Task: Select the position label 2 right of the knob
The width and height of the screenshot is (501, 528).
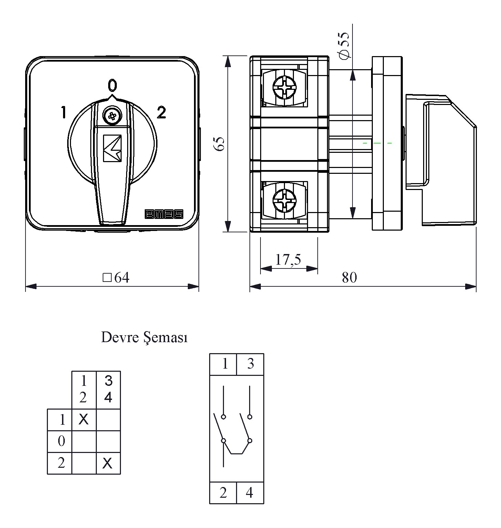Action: pos(161,112)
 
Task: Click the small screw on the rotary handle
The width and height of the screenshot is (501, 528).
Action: pos(112,116)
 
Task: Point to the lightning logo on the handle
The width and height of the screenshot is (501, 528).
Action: pos(112,148)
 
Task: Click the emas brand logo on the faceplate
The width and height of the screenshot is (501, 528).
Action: pos(164,214)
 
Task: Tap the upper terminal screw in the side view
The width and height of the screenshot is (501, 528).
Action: pos(284,87)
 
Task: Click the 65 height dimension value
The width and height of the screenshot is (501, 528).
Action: pos(219,144)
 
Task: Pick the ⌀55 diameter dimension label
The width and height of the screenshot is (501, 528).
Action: pos(344,45)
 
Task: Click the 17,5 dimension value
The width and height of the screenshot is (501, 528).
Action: pos(288,260)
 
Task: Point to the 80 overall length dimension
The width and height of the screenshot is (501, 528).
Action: pos(349,277)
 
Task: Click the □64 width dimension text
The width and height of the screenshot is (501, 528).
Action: pos(116,277)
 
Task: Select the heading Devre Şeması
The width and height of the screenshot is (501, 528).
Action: pos(144,338)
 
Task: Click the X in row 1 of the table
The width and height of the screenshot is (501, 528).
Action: pos(84,419)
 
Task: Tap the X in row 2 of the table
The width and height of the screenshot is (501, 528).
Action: pos(108,463)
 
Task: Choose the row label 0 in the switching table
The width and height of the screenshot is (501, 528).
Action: pos(61,441)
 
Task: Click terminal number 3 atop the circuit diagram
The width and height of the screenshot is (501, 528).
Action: pos(250,363)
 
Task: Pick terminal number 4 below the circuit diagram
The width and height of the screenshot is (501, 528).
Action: pos(250,493)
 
